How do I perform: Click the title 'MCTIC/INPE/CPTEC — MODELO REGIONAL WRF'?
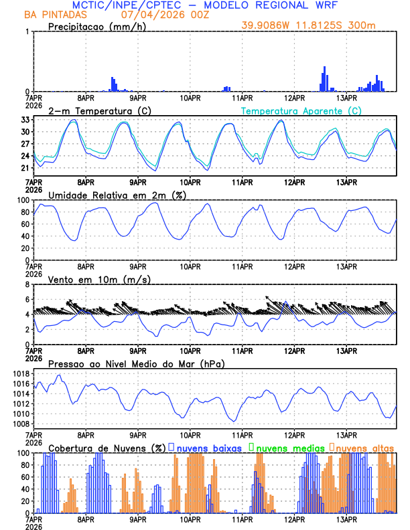(205, 5)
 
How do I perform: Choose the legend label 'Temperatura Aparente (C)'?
(301, 110)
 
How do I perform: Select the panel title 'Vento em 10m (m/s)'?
(90, 279)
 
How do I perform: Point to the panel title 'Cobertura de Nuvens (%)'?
(107, 446)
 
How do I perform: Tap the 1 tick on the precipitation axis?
(26, 31)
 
